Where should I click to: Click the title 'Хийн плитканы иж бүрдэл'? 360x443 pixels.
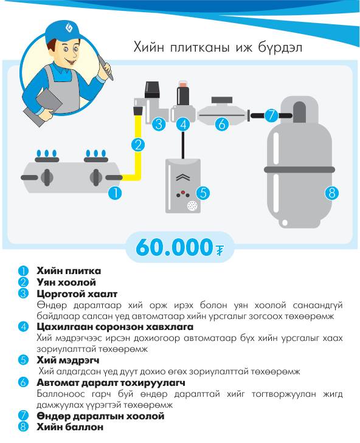[x=218, y=47]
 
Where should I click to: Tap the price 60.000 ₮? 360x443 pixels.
[x=180, y=247]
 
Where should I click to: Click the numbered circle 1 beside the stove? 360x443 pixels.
[x=116, y=193]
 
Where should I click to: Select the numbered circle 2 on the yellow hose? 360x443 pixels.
[x=138, y=145]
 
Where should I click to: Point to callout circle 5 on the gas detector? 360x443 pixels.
[x=203, y=193]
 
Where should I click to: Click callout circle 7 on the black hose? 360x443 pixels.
[x=271, y=115]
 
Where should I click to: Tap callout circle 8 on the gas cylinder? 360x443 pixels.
[x=331, y=193]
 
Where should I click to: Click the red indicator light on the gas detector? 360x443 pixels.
[x=182, y=192]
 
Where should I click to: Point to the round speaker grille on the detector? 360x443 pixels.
[x=192, y=205]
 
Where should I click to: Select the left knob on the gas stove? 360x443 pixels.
[x=47, y=177]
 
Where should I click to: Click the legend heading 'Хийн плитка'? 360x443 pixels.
[x=69, y=271]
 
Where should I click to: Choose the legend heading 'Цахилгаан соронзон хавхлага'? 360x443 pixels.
[x=115, y=327]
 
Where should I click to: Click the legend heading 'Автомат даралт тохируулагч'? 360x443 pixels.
[x=111, y=383]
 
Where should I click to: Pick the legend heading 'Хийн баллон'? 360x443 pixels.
[x=70, y=427]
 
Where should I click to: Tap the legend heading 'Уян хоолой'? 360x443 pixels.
[x=66, y=282]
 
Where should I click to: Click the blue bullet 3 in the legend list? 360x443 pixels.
[x=23, y=294]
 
